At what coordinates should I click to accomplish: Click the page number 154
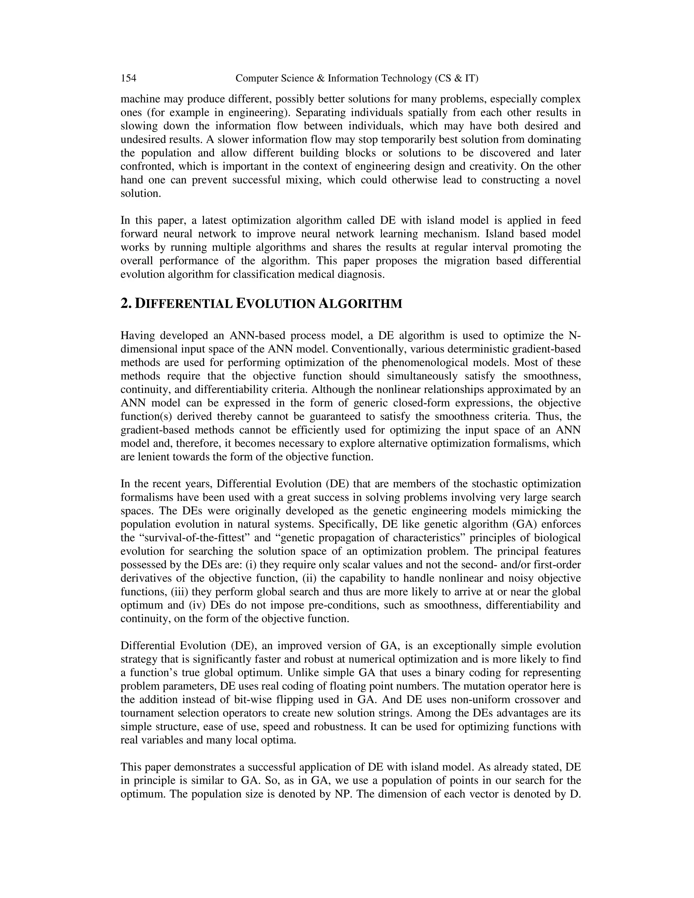[x=128, y=78]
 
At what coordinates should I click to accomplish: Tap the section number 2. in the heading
[x=126, y=304]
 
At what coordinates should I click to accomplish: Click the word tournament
[x=146, y=713]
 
